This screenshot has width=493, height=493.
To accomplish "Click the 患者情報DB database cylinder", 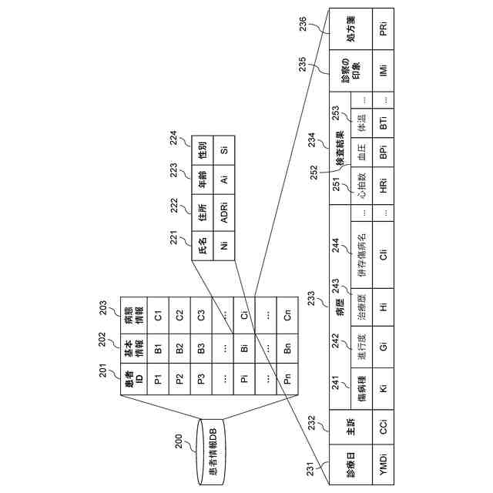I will pos(214,454).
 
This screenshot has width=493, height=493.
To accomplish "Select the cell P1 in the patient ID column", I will pos(157,380).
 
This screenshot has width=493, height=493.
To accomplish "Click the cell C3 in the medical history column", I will pos(200,314).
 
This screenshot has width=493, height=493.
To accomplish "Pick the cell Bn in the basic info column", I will pos(287,348).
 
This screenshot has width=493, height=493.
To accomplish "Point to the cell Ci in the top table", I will pos(244,314).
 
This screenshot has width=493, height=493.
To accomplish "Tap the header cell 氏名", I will pos(203,247).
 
